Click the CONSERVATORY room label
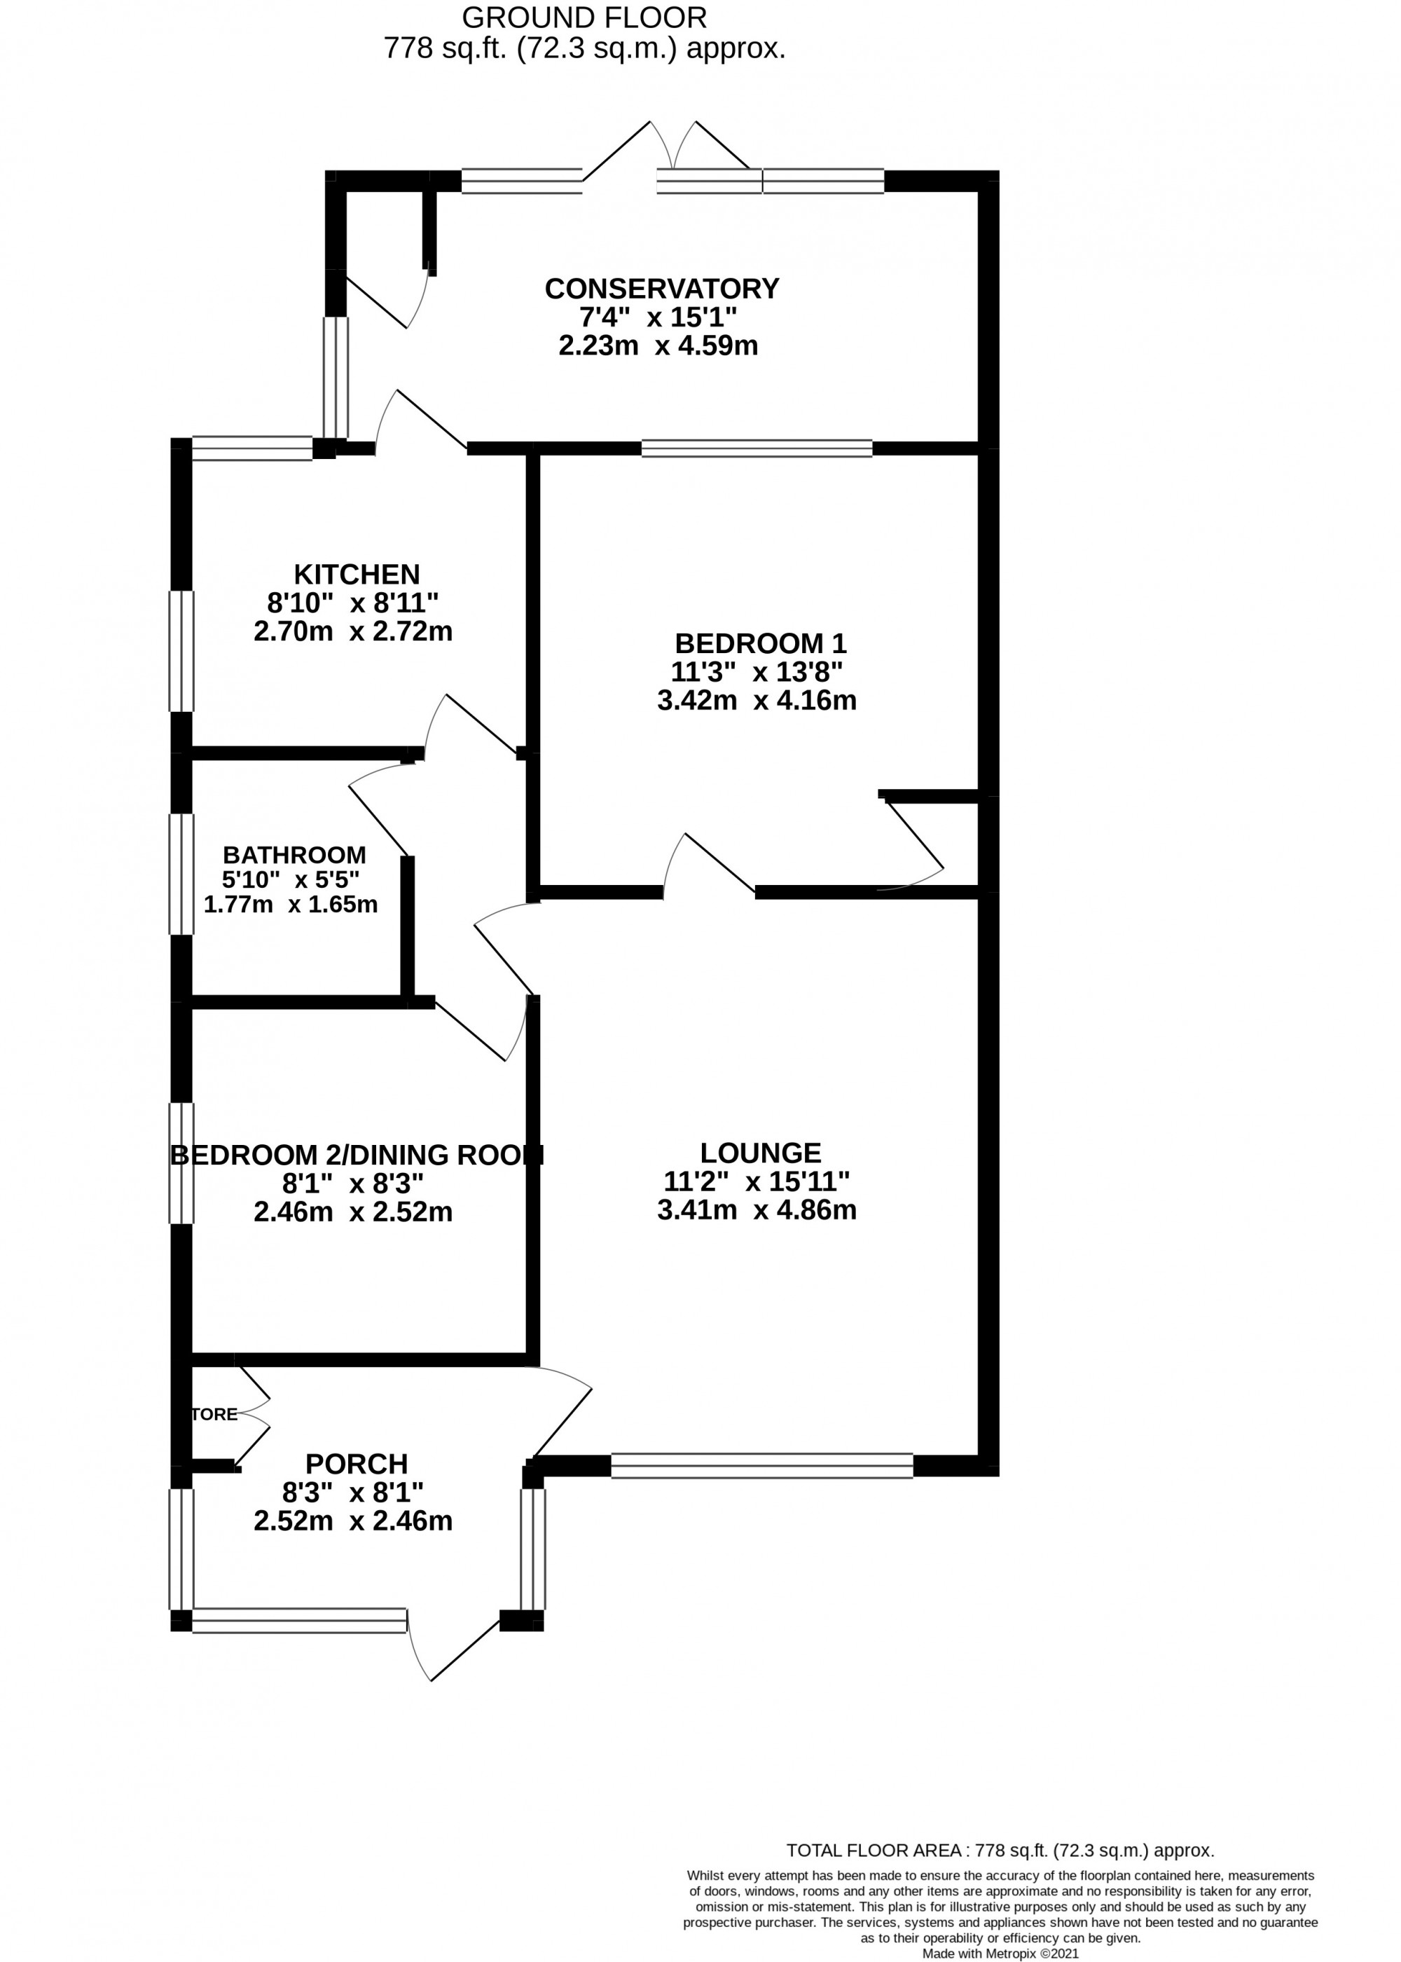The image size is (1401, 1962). coord(662,288)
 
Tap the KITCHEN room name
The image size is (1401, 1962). coord(357,574)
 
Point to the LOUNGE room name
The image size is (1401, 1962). coord(760,1153)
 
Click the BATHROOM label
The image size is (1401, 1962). coord(294,855)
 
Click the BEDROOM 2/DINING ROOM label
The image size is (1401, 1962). coord(357,1154)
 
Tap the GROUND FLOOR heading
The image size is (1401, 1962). coord(584,18)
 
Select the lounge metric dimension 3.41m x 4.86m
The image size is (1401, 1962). coord(757,1209)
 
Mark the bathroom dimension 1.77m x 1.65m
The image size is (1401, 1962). coord(291,904)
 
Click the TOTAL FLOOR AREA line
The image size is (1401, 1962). coord(1000,1850)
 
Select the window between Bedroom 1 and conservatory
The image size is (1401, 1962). coord(757,448)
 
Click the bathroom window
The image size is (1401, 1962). coord(181,874)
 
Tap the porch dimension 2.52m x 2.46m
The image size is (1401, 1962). coord(353,1521)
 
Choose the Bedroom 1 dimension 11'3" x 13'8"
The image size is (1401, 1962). coord(757,671)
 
